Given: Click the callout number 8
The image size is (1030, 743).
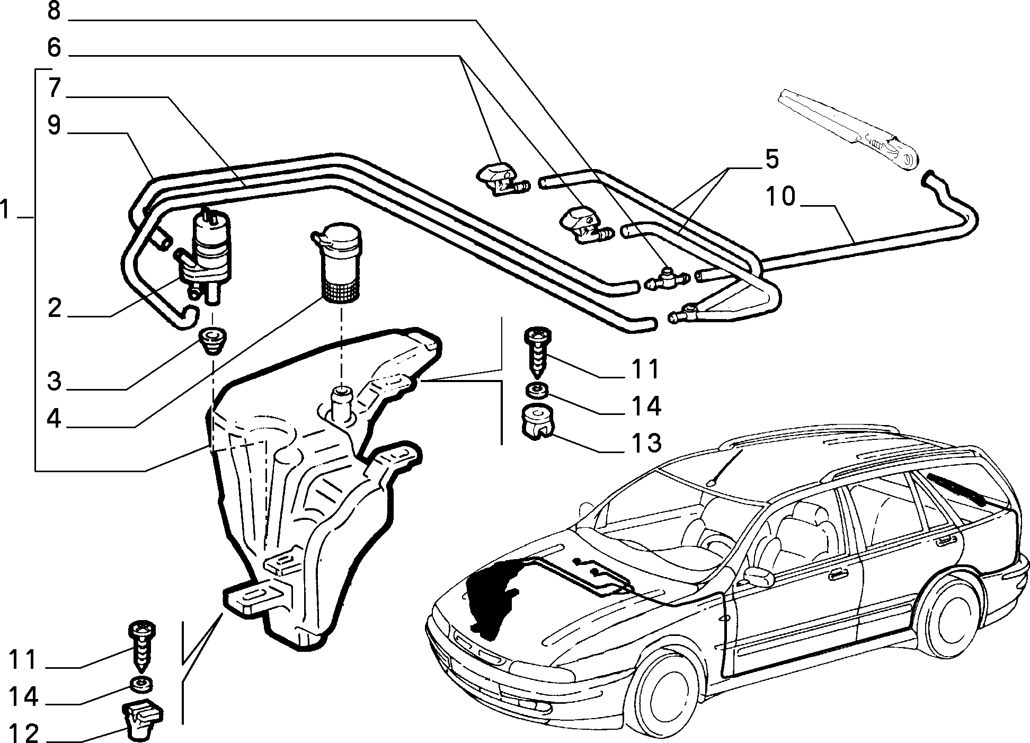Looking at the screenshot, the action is click(54, 11).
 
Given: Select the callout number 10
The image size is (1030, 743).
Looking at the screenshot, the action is click(781, 197).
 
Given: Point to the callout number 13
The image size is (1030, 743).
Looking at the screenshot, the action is click(645, 443).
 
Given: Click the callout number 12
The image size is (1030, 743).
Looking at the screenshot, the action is click(25, 733).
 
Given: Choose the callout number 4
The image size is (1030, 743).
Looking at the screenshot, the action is click(54, 419).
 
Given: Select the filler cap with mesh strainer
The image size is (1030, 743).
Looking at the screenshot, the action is click(338, 263).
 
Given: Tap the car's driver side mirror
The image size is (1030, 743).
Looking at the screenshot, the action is click(759, 576).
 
